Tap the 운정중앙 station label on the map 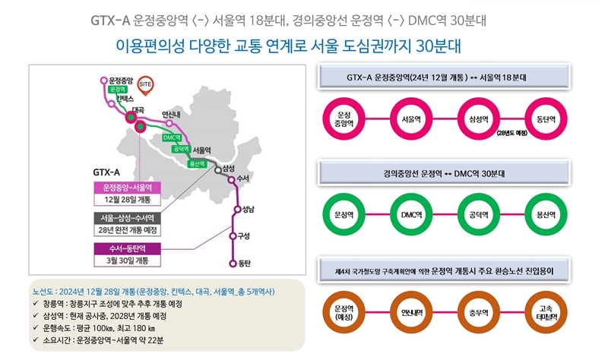(x=121, y=79)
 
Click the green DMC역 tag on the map (x=172, y=137)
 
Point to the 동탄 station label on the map (x=244, y=264)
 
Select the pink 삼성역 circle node (x=481, y=119)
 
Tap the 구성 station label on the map (x=244, y=235)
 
